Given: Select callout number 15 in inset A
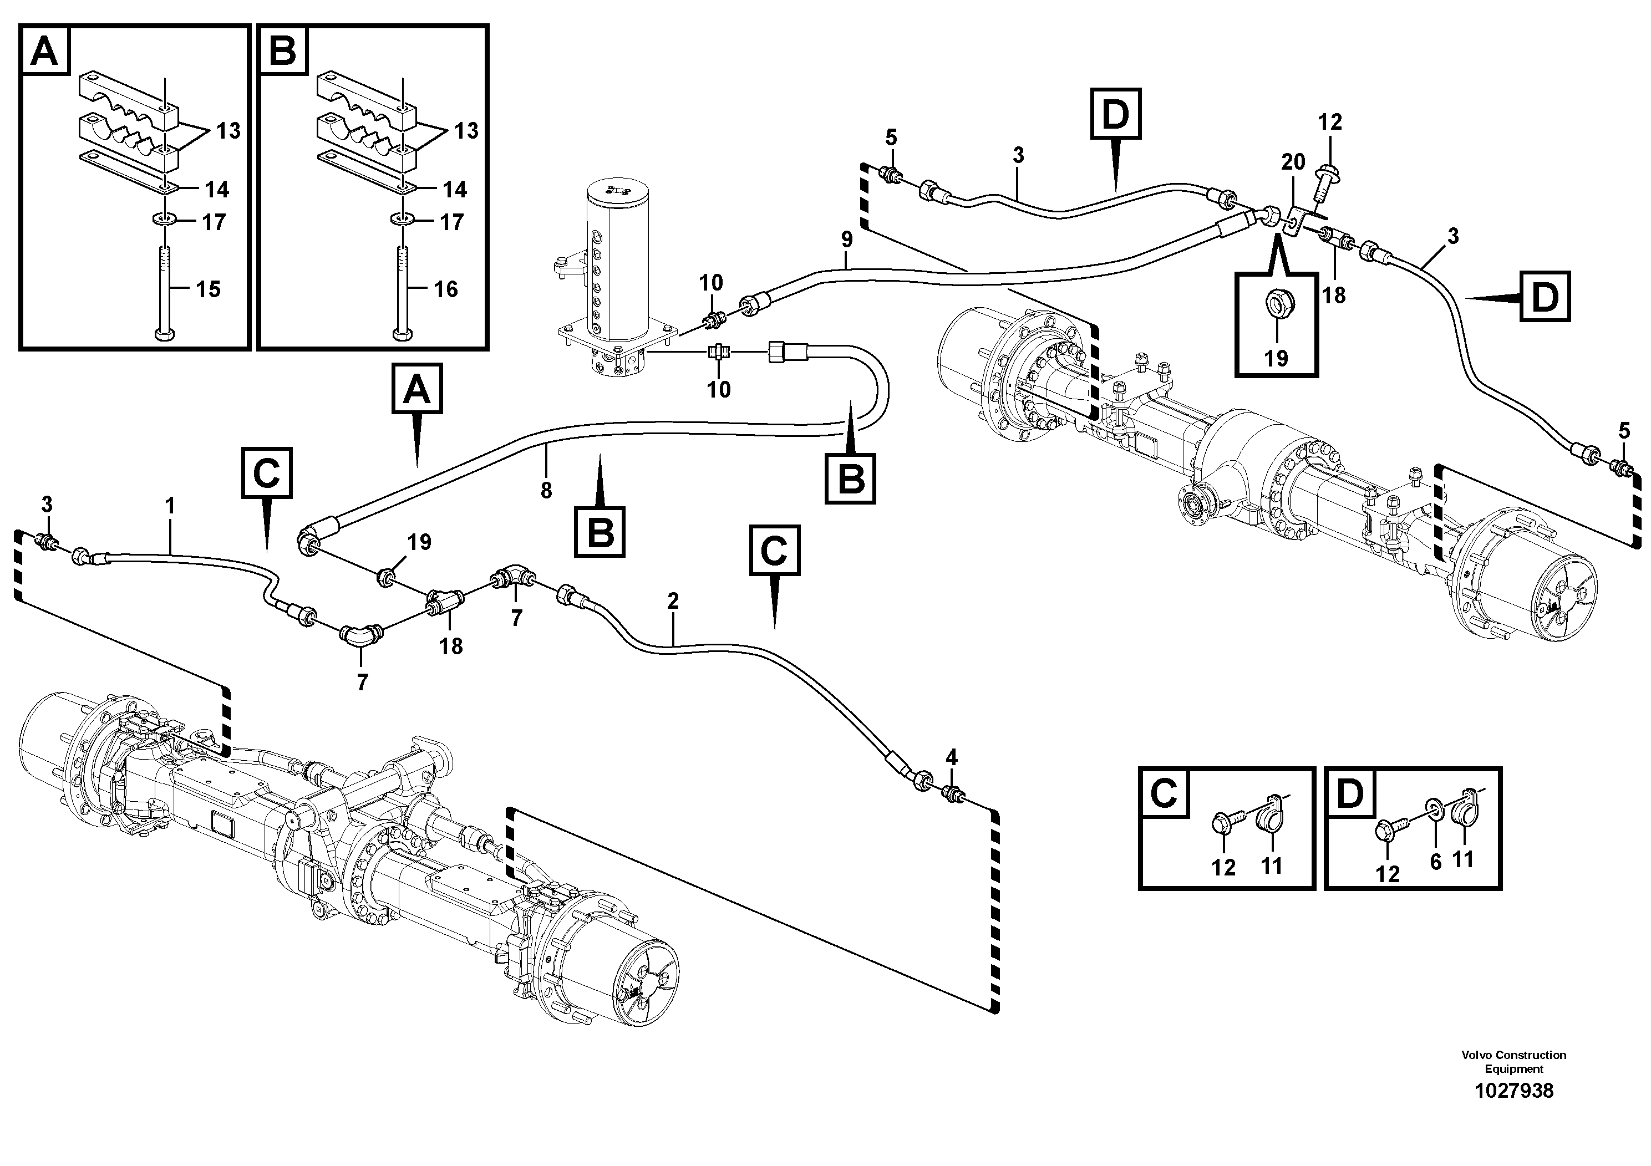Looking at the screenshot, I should tap(209, 290).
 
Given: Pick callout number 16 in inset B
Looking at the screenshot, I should tap(446, 290).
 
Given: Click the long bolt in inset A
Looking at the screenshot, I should tap(165, 288).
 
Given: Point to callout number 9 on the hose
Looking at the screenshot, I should tap(846, 240).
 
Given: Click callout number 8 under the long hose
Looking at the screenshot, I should tap(546, 490).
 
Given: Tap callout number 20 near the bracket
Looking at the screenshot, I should tap(1293, 162).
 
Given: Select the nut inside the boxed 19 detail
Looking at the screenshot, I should tap(1276, 306).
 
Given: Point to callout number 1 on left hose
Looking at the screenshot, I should tap(170, 506).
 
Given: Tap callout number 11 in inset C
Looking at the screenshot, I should tap(1271, 866).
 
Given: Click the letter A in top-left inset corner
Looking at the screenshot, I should tap(44, 51).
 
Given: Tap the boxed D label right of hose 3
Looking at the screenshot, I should tap(1545, 297).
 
